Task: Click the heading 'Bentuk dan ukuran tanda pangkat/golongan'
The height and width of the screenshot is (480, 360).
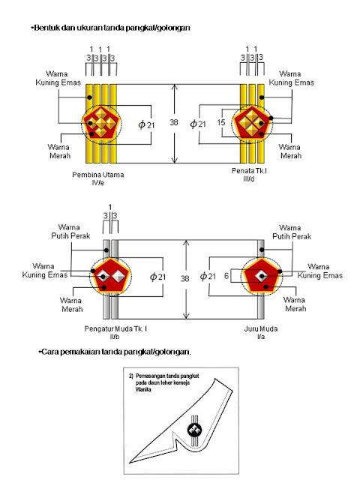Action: [110, 28]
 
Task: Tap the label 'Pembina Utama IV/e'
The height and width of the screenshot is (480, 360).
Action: [98, 178]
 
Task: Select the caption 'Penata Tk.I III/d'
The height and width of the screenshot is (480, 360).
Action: [249, 175]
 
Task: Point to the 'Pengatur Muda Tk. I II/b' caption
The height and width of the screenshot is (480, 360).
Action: [115, 333]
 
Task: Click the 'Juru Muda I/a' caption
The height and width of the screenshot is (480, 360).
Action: [261, 332]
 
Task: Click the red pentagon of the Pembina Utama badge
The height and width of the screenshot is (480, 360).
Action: [100, 123]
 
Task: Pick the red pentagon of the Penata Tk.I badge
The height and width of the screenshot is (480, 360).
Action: [252, 123]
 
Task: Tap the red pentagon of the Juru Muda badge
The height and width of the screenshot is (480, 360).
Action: [261, 276]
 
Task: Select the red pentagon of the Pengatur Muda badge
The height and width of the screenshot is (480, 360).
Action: [110, 276]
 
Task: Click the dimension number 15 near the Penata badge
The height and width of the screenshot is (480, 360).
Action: [220, 122]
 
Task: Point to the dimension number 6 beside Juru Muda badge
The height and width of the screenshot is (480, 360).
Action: [226, 276]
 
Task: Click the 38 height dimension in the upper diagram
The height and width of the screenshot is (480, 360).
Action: [173, 122]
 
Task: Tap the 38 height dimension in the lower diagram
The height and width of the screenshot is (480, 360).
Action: [184, 278]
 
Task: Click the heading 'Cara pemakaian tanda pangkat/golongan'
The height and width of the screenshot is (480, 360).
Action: [115, 352]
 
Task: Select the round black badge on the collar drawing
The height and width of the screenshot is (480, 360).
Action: [194, 430]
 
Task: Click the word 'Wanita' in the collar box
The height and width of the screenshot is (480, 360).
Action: [143, 390]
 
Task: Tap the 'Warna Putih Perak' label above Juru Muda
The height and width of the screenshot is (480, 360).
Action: [291, 232]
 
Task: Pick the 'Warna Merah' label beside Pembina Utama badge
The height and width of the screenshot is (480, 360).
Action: [59, 151]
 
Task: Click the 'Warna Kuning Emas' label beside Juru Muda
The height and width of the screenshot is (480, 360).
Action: [319, 271]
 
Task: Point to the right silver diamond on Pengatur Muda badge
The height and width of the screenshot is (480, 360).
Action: [118, 276]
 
